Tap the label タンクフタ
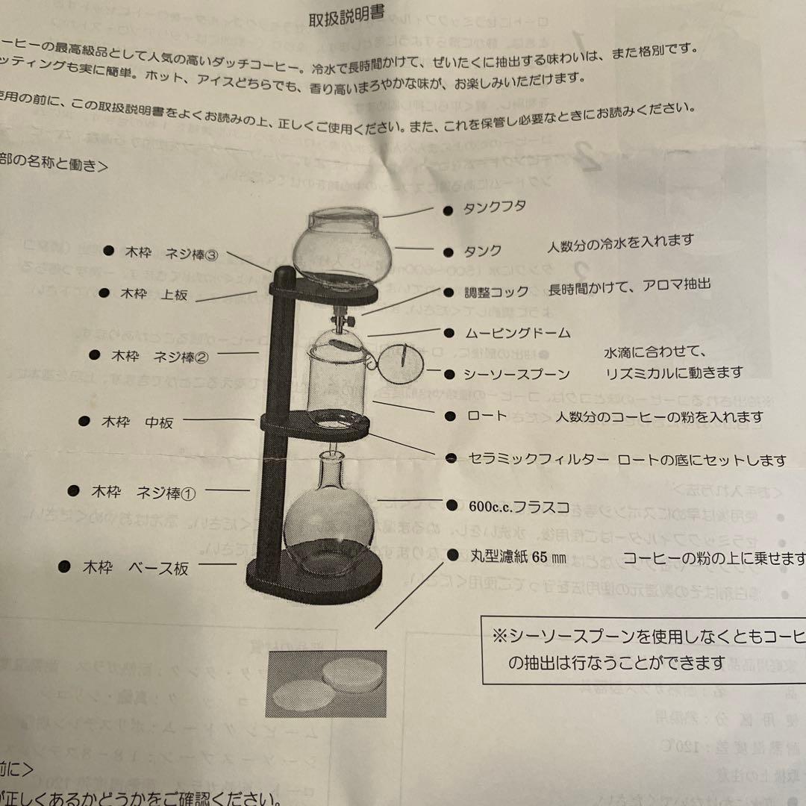click(x=496, y=207)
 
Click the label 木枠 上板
click(x=154, y=294)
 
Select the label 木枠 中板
click(x=137, y=422)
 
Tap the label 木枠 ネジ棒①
click(x=143, y=492)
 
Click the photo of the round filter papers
click(x=326, y=684)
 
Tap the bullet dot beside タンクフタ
click(x=448, y=211)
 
